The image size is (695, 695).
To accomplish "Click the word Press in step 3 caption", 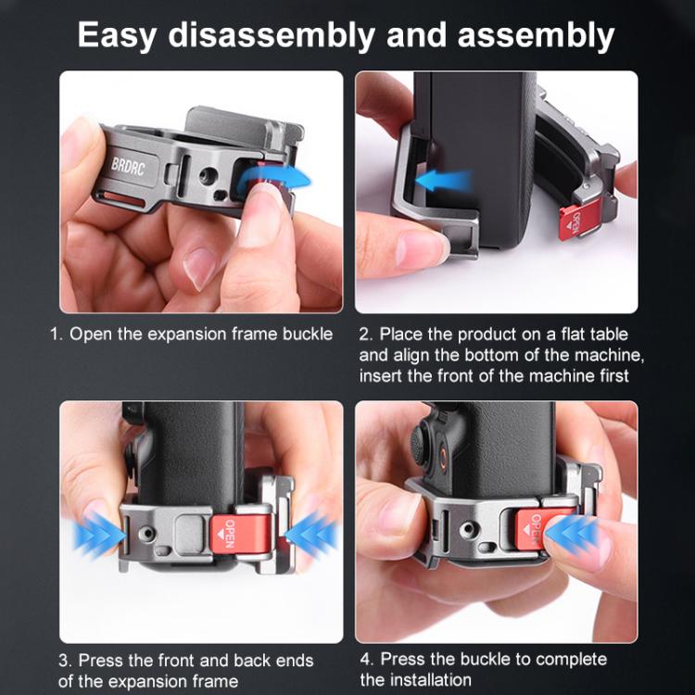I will tap(100, 661).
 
